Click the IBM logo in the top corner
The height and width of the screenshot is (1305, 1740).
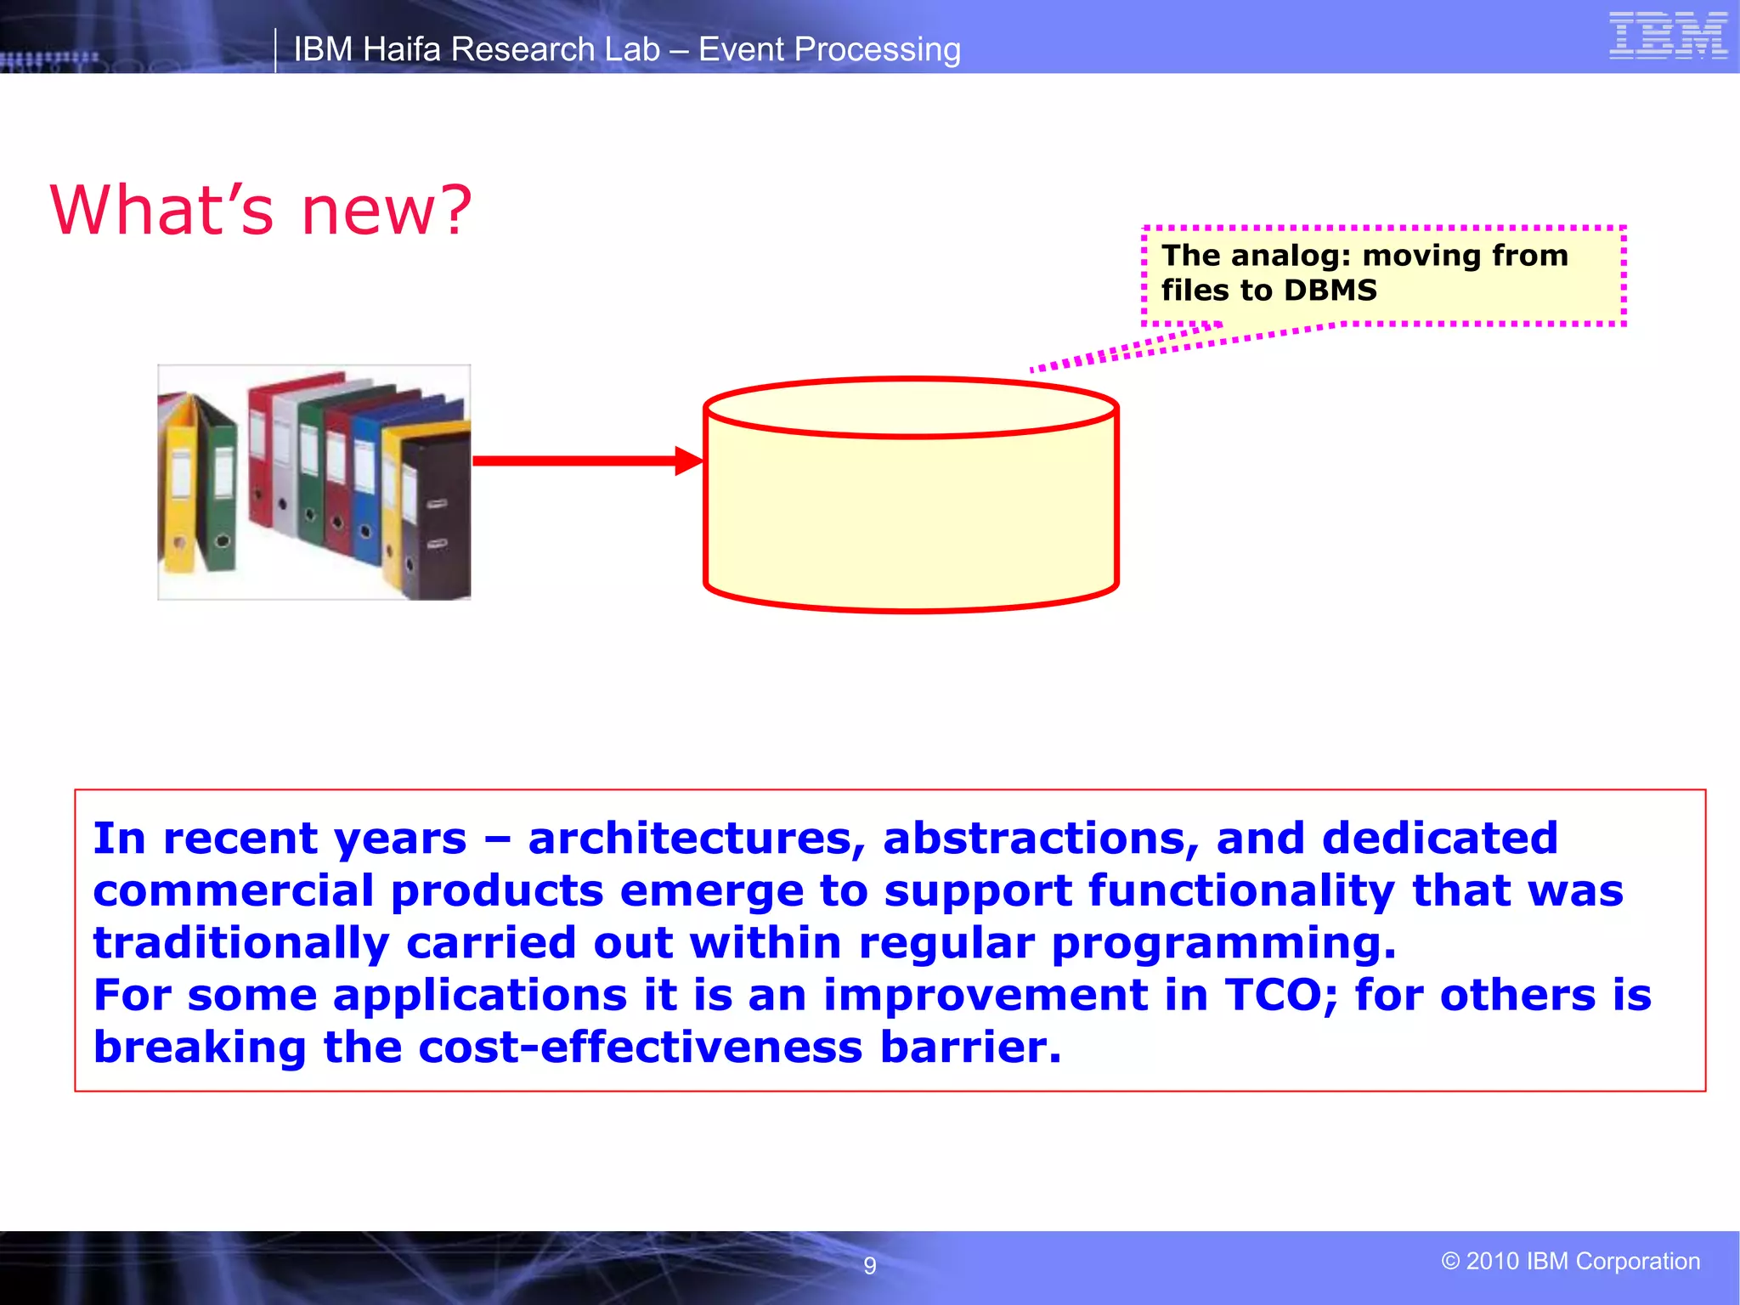tap(1668, 36)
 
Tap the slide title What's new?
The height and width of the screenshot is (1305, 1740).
tap(260, 210)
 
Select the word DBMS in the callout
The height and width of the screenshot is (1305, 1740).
tap(1330, 291)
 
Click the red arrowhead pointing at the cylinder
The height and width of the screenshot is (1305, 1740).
tap(688, 460)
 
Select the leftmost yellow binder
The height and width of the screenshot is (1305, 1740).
tap(179, 493)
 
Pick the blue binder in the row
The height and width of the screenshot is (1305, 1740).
tap(365, 501)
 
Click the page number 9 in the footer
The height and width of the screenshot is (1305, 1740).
tap(869, 1266)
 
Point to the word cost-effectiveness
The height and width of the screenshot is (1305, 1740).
tap(641, 1047)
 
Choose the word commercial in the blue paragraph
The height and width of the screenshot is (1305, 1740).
tap(234, 890)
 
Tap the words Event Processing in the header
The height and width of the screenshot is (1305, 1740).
tap(829, 49)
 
